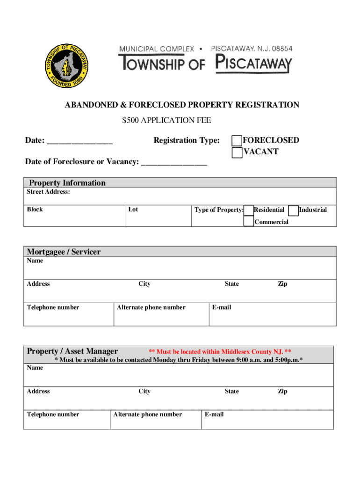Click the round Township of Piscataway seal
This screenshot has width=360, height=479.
[67, 66]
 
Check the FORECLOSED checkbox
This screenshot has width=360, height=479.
[238, 141]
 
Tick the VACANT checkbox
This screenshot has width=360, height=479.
[238, 152]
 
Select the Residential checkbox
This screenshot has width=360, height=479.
[249, 210]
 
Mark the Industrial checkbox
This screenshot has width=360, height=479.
[294, 210]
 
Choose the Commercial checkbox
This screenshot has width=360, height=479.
[249, 221]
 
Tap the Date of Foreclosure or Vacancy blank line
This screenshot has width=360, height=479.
[174, 163]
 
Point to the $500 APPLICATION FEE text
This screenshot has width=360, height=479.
[166, 121]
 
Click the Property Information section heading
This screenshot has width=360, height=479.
[67, 183]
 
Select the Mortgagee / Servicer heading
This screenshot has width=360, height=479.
[64, 252]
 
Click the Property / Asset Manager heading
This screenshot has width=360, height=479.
[72, 351]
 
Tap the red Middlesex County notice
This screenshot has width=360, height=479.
[220, 352]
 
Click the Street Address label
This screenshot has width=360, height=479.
[49, 192]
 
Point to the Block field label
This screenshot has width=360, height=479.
[35, 210]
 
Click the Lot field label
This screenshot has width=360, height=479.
[133, 210]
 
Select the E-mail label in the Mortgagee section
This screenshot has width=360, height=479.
[222, 307]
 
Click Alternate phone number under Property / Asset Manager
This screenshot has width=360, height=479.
[147, 414]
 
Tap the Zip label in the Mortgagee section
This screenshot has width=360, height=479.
[282, 284]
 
